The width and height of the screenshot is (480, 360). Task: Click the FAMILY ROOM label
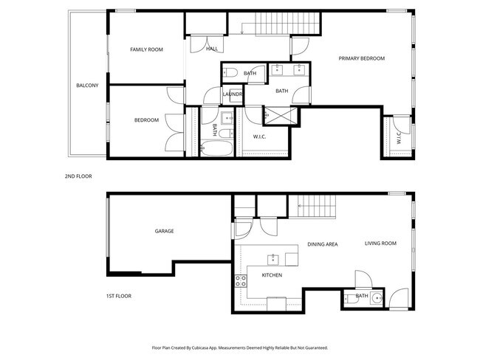point(146,49)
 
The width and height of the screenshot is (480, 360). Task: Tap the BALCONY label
point(87,86)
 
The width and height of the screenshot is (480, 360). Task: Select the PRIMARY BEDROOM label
point(362,58)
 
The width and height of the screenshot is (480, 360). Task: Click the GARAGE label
point(164,231)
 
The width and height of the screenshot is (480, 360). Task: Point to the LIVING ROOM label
point(380,243)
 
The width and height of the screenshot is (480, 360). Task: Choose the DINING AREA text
point(323,243)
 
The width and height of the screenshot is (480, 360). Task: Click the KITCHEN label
point(272,275)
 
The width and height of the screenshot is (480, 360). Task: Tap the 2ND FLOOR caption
point(78,176)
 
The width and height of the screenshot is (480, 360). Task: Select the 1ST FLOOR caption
point(118,296)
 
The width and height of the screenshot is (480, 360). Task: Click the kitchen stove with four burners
point(240,280)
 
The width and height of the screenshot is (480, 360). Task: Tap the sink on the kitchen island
point(272,258)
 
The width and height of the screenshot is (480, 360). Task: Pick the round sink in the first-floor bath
point(377,299)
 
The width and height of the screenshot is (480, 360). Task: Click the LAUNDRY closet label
point(233,94)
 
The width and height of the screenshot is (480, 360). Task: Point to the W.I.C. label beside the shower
point(259,136)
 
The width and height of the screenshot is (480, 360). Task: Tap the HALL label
point(212,49)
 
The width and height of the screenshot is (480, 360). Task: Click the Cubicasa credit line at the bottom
point(240,347)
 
